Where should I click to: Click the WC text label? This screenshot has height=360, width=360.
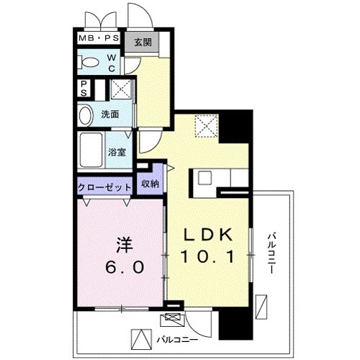(112, 63)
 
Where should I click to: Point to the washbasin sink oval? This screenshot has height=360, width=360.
(86, 114)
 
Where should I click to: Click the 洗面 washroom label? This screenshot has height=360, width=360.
(109, 114)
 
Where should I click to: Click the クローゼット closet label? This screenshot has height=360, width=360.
(105, 186)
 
